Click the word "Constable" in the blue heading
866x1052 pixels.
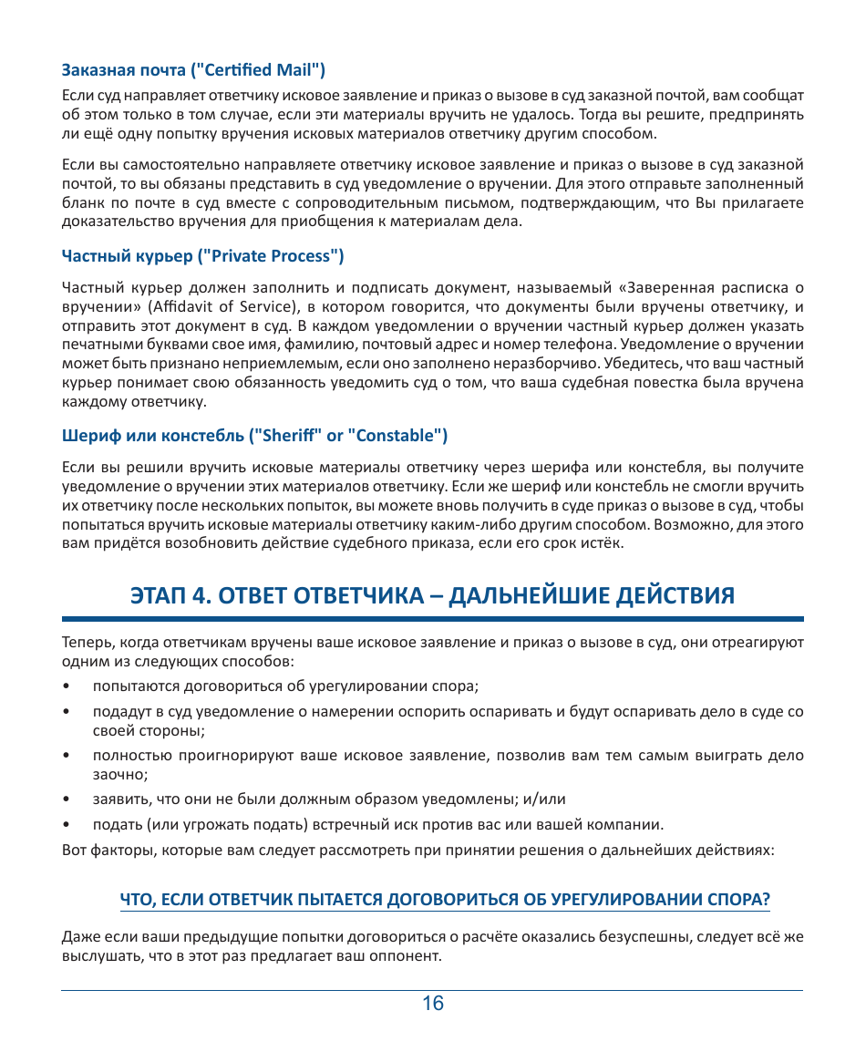(x=394, y=435)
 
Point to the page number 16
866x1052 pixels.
(x=433, y=1004)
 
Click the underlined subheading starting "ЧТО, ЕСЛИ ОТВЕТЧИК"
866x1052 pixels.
(x=445, y=899)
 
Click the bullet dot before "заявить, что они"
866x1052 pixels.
(x=67, y=799)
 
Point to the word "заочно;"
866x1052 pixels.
(x=120, y=773)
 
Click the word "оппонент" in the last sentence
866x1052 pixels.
(x=410, y=956)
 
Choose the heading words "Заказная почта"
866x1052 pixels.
(x=123, y=69)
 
